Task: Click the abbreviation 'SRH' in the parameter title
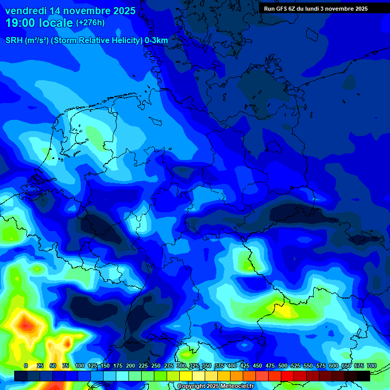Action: (x=14, y=41)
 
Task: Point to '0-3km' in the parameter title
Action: (x=156, y=41)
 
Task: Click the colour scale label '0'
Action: (x=26, y=366)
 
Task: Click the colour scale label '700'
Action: (x=372, y=366)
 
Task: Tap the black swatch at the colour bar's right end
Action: (x=363, y=376)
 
